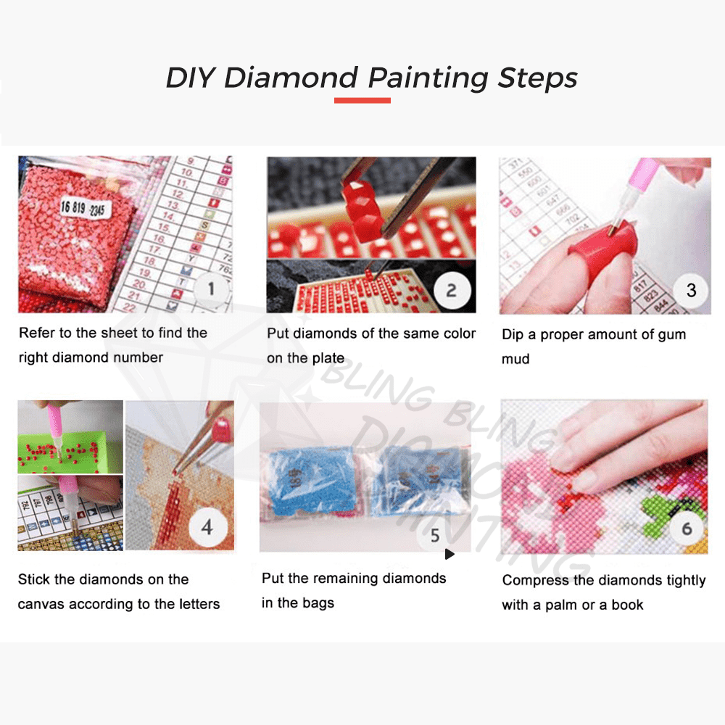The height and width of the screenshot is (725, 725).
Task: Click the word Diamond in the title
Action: (291, 78)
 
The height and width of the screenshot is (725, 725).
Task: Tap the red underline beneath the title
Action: (362, 100)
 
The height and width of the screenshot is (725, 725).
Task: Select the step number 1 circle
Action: (211, 289)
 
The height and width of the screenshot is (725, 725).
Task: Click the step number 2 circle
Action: (451, 291)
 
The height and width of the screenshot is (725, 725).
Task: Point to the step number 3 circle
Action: (690, 290)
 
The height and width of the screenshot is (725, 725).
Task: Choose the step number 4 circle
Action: (207, 527)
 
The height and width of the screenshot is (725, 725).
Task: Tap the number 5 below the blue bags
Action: (435, 536)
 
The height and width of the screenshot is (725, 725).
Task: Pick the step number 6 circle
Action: (686, 529)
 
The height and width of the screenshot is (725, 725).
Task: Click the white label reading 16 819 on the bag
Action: (73, 206)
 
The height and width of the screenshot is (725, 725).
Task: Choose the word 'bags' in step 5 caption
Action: (318, 603)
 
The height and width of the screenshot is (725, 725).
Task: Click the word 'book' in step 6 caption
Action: (627, 605)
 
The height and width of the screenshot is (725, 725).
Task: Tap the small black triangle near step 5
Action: (449, 555)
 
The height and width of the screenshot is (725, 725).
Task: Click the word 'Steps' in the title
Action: (537, 78)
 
